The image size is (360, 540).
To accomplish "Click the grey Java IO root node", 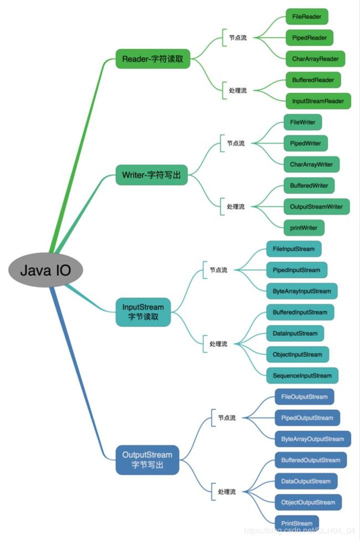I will click(47, 271).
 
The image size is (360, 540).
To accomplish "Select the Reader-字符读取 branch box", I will click(153, 59).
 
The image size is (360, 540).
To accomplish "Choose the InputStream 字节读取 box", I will click(143, 312).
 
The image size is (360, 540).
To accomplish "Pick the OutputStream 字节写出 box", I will click(147, 460).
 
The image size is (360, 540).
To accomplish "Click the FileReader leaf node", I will click(307, 17).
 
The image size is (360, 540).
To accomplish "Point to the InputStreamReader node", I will click(318, 101).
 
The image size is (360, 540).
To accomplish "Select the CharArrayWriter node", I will click(311, 164).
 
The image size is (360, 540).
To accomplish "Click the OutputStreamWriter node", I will click(316, 207).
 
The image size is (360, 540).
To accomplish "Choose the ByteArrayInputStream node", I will click(302, 291).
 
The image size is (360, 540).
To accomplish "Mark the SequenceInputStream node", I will click(302, 376).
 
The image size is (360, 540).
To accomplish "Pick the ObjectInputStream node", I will click(297, 354).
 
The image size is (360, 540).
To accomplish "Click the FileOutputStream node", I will click(305, 397).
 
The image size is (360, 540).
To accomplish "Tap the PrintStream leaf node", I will click(296, 523).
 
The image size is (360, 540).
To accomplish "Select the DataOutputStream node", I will click(306, 481).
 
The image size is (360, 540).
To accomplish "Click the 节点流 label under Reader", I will click(238, 38).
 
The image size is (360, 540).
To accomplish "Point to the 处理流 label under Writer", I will click(236, 207).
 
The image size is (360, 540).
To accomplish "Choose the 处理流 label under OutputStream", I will click(227, 491).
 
